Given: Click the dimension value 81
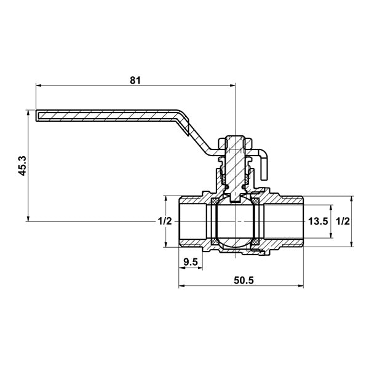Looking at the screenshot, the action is [135, 80].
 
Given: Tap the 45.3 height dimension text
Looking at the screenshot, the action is [23, 165].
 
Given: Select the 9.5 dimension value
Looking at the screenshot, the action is [191, 262].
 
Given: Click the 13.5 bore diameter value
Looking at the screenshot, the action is [318, 221].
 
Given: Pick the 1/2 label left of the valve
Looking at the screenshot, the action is [165, 221].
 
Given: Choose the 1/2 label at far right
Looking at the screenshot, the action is [343, 221].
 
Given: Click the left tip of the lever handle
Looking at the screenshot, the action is [36, 116].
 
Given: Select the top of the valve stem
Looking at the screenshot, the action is [235, 137].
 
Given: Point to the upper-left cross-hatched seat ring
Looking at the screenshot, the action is [215, 201].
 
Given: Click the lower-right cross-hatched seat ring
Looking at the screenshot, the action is [255, 242].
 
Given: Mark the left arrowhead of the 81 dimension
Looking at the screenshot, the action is [38, 85].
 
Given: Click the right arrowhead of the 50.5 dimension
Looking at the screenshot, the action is [301, 286].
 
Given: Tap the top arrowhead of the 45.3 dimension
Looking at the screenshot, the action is [28, 113].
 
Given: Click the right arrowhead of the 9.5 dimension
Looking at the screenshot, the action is [200, 268].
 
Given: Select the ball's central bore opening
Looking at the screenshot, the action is [235, 221].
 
